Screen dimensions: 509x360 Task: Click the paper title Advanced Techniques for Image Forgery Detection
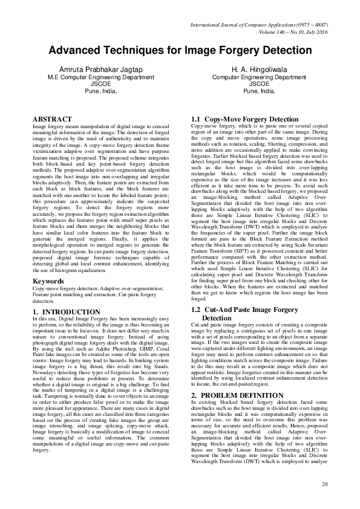coord(180,50)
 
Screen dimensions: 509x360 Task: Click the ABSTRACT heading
coord(52,119)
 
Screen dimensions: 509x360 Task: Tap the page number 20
coord(324,484)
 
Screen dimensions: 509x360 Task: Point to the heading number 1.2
coord(195,309)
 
